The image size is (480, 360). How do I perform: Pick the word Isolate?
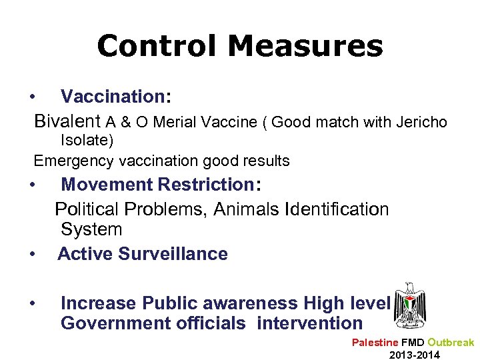coord(87,141)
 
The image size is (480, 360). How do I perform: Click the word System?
coord(91,230)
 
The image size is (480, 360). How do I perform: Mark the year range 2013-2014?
coord(415,355)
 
